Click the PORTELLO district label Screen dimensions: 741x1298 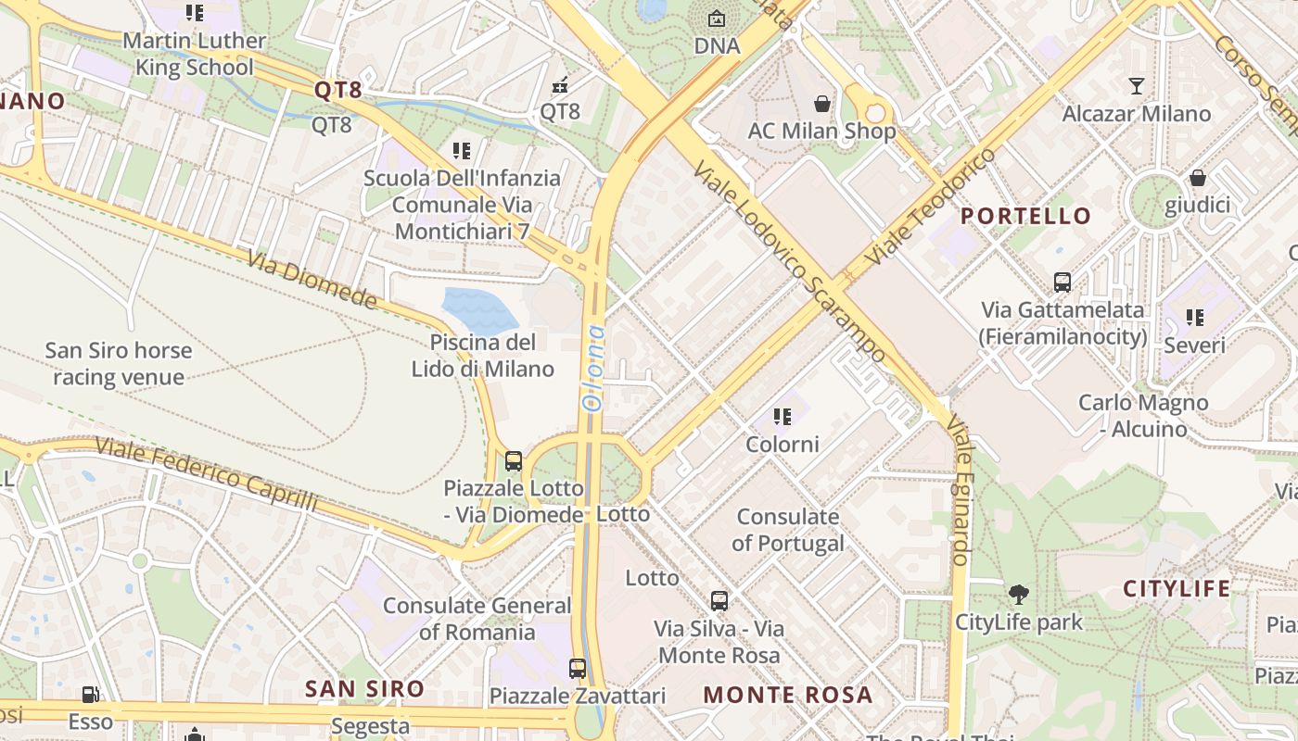tap(1025, 216)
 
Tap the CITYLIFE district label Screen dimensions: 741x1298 tap(1177, 588)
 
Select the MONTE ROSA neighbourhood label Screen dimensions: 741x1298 tap(788, 695)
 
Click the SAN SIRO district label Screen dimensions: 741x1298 tap(365, 688)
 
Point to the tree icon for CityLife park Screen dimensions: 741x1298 tap(1019, 595)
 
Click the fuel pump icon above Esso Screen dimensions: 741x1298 tap(90, 695)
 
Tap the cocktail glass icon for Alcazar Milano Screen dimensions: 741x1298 tap(1137, 86)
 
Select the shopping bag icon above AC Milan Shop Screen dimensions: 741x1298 tap(821, 103)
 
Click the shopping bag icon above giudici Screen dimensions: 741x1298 tap(1197, 178)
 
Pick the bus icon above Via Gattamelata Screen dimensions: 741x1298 tap(1063, 282)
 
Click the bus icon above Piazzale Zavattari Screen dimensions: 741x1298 tap(578, 668)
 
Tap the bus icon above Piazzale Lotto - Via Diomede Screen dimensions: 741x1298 tap(514, 460)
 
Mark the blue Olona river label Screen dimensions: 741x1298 tap(592, 368)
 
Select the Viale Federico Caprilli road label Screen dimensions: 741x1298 tap(206, 474)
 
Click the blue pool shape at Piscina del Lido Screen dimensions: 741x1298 tap(478, 310)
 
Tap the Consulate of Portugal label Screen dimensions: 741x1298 tap(787, 530)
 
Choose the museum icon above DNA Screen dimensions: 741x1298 tap(717, 19)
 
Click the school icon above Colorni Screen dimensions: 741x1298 tap(783, 417)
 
